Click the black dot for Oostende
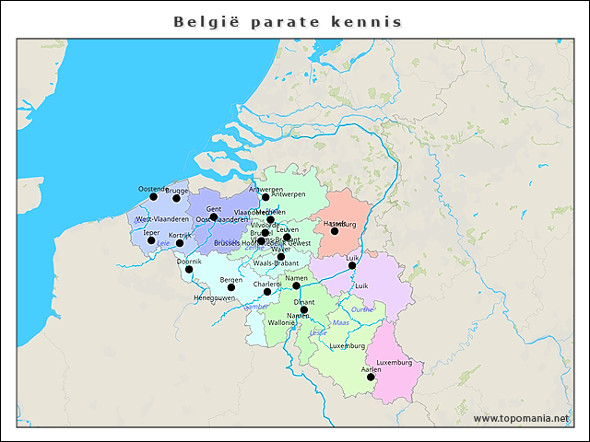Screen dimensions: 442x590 [x=154, y=196]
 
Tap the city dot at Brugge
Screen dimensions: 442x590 [x=177, y=198]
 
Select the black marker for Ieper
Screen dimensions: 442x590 [x=152, y=239]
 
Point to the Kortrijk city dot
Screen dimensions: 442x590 [x=181, y=243]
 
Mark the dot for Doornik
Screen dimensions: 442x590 [x=189, y=269]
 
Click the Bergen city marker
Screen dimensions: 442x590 [x=231, y=287]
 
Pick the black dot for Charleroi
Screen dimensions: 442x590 [x=268, y=292]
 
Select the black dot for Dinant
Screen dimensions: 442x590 [x=304, y=309]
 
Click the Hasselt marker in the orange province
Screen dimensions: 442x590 [x=335, y=231]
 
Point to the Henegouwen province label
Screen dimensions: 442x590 [x=214, y=298]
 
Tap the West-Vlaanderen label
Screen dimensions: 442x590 [x=162, y=219]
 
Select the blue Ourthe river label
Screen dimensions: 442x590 [x=362, y=310]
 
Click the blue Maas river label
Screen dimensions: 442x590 [x=340, y=323]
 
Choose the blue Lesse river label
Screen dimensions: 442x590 [x=318, y=332]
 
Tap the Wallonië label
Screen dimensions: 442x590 [x=281, y=324]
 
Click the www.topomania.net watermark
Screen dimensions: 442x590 [x=521, y=418]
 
